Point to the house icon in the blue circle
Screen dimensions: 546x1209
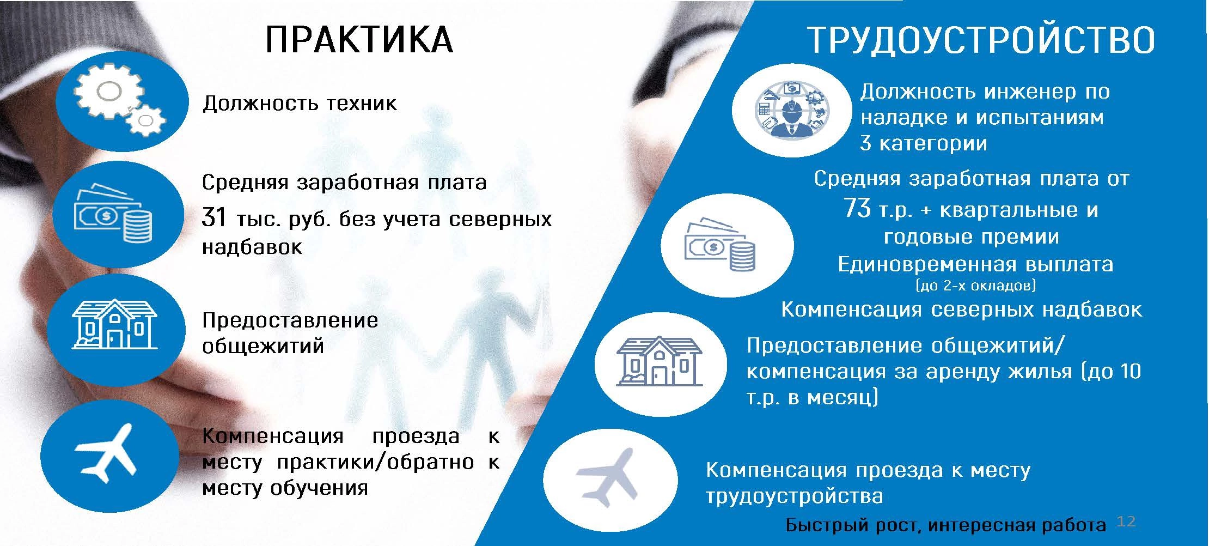[x=114, y=325]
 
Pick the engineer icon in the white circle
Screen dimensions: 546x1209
[x=792, y=112]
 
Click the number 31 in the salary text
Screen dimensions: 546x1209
[x=213, y=218]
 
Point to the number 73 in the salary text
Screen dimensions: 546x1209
[x=857, y=208]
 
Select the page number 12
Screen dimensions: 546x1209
[x=1126, y=521]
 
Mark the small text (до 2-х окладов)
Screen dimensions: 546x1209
[x=975, y=285]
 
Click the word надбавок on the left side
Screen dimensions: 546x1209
[x=252, y=247]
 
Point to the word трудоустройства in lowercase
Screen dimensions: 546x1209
[x=794, y=496]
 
